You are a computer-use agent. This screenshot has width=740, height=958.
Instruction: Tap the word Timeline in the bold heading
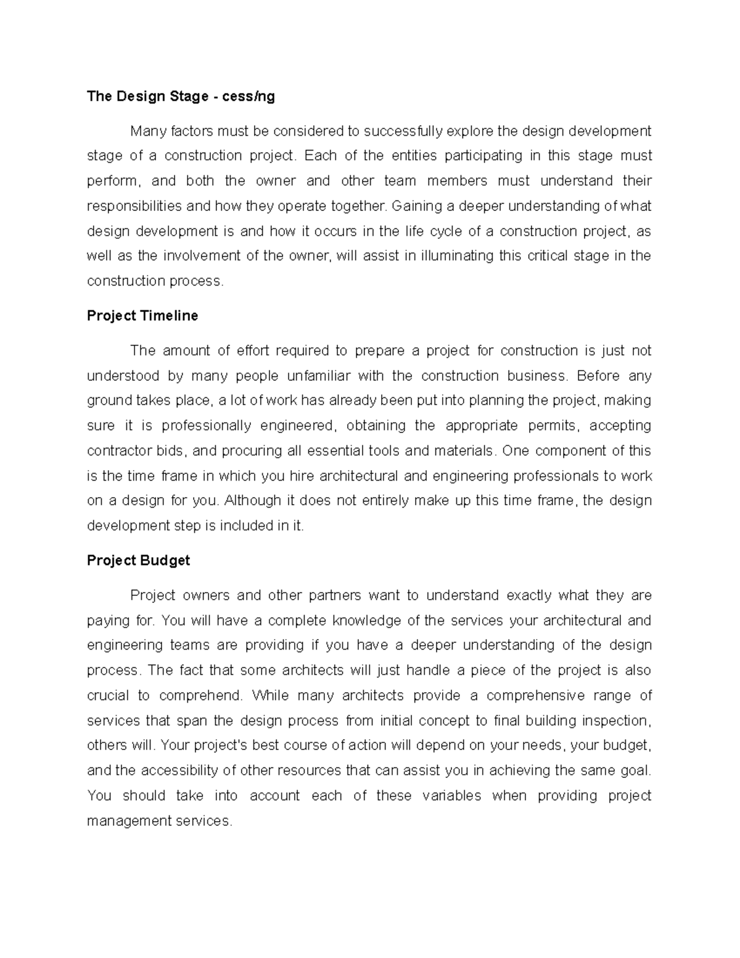pyautogui.click(x=169, y=316)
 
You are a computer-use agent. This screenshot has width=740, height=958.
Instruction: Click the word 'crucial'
pyautogui.click(x=109, y=695)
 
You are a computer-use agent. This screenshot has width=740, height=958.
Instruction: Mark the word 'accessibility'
pyautogui.click(x=179, y=770)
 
